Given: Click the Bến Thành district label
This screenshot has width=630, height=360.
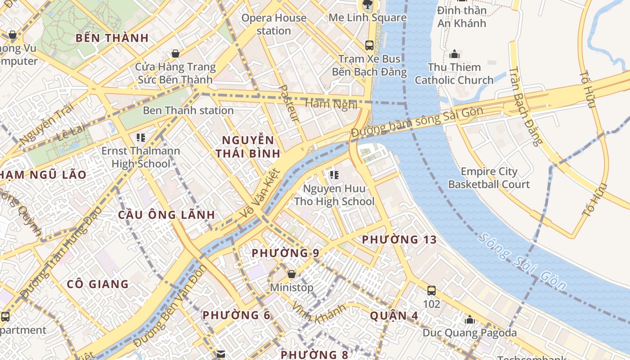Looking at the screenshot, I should [x=112, y=38].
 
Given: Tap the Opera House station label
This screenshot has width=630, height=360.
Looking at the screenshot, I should [x=274, y=24].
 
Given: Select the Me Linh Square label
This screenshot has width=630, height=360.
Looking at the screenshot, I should [x=368, y=18].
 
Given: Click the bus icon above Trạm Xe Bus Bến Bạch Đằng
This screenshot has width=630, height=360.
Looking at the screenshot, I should [x=369, y=45].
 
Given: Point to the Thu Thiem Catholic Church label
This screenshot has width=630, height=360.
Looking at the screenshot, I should [x=454, y=74].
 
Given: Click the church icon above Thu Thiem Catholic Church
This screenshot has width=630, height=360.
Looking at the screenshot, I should [x=454, y=54].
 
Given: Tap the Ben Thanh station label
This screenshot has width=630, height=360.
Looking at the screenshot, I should [x=188, y=110].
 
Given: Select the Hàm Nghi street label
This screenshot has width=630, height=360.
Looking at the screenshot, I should [x=331, y=104].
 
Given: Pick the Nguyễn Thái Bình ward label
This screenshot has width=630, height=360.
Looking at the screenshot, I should [x=248, y=147].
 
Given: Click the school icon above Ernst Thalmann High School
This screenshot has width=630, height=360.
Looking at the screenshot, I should [x=141, y=137].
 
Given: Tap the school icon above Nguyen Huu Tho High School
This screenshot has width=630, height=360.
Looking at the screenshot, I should [x=334, y=175].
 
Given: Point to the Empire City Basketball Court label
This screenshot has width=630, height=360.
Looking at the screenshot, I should [x=489, y=178].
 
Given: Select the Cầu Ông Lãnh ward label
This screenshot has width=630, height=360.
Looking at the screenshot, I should [x=166, y=215].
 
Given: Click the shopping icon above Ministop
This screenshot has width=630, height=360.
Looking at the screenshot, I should [x=292, y=274].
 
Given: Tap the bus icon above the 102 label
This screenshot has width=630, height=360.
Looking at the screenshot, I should [x=431, y=291].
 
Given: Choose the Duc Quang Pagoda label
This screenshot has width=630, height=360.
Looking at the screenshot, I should [x=469, y=333].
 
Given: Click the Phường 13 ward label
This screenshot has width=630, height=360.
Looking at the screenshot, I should [x=399, y=239].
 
